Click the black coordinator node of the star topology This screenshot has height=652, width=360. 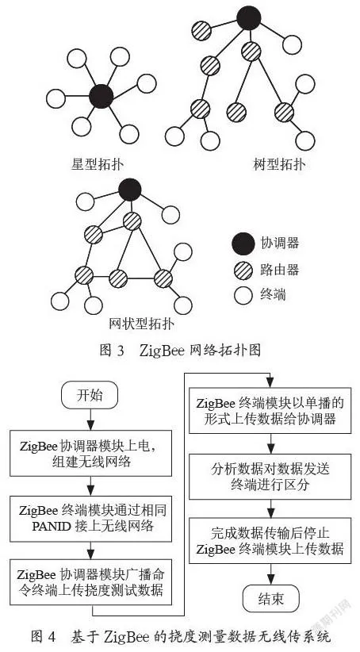[x=101, y=96]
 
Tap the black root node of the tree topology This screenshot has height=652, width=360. [x=249, y=18]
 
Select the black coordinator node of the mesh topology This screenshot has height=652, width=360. [x=130, y=190]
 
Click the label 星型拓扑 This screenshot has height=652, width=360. [x=98, y=164]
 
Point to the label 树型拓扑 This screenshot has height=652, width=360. [x=279, y=164]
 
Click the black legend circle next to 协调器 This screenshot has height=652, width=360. [x=243, y=244]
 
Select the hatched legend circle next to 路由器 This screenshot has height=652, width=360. [x=243, y=270]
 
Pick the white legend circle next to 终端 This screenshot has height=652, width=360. [x=243, y=296]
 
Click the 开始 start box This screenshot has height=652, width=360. [x=90, y=395]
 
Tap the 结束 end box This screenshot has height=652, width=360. [x=270, y=598]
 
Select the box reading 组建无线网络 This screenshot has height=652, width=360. [x=90, y=453]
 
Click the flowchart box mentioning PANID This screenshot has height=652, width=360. [x=90, y=518]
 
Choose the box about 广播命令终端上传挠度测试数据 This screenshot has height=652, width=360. [x=90, y=582]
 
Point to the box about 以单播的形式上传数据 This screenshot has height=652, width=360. [x=270, y=410]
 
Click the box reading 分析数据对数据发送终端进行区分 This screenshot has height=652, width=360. [x=270, y=477]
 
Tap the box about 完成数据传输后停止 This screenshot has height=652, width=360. [x=270, y=541]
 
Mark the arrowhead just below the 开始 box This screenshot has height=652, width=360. [x=90, y=425]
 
